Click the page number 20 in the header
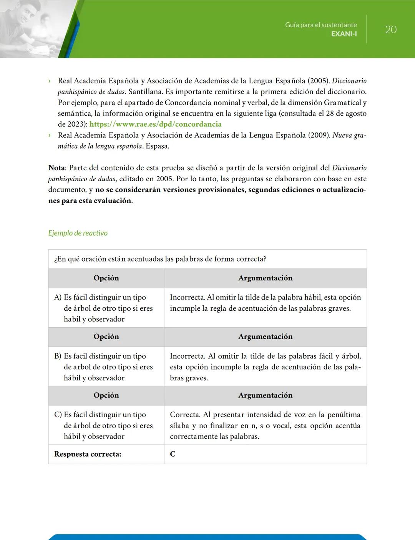tap(390, 30)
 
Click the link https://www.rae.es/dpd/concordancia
tap(155, 124)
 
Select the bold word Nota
tap(56, 168)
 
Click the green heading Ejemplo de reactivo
tap(78, 233)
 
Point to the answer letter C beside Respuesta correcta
tap(173, 454)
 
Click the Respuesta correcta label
tap(88, 454)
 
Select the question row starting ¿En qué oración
tap(160, 259)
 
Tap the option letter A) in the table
tap(58, 297)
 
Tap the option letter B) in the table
tap(58, 356)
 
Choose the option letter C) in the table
tap(58, 415)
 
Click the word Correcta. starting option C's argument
tap(185, 415)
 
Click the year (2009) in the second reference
tap(319, 135)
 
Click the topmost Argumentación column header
tap(265, 278)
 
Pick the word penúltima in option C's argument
tap(344, 415)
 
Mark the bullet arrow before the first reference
tap(50, 81)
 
